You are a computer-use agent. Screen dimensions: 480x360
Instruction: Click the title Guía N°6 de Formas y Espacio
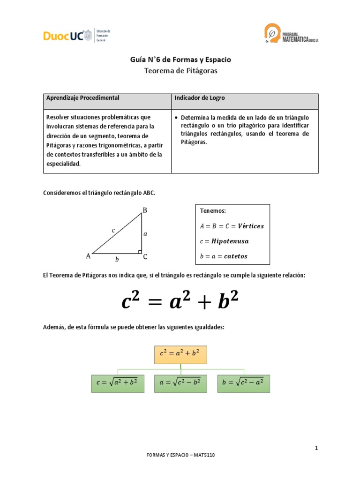[180, 60]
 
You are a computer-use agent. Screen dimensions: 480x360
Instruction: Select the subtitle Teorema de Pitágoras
[180, 71]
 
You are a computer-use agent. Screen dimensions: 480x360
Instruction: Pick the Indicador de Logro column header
[200, 98]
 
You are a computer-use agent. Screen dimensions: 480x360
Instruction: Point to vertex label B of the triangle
[145, 210]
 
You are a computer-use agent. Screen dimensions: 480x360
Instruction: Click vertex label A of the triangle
[88, 256]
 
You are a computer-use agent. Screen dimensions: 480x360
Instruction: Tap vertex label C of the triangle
[145, 256]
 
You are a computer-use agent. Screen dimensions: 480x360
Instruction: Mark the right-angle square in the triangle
[140, 252]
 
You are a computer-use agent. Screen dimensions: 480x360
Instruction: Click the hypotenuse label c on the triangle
[113, 230]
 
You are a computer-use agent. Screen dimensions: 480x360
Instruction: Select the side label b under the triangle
[117, 259]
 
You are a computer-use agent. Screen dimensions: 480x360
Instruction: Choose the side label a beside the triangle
[145, 233]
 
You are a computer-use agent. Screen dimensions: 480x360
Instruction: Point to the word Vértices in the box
[251, 226]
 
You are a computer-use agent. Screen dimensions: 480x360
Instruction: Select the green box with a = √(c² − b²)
[180, 382]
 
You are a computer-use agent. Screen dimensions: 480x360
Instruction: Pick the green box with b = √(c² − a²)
[244, 382]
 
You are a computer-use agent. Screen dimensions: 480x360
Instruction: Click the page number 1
[317, 449]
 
